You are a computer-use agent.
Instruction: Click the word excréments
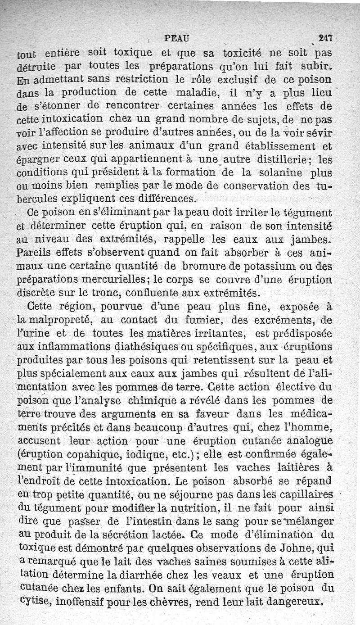point(288,321)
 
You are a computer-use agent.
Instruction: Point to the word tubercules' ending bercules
point(37,198)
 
